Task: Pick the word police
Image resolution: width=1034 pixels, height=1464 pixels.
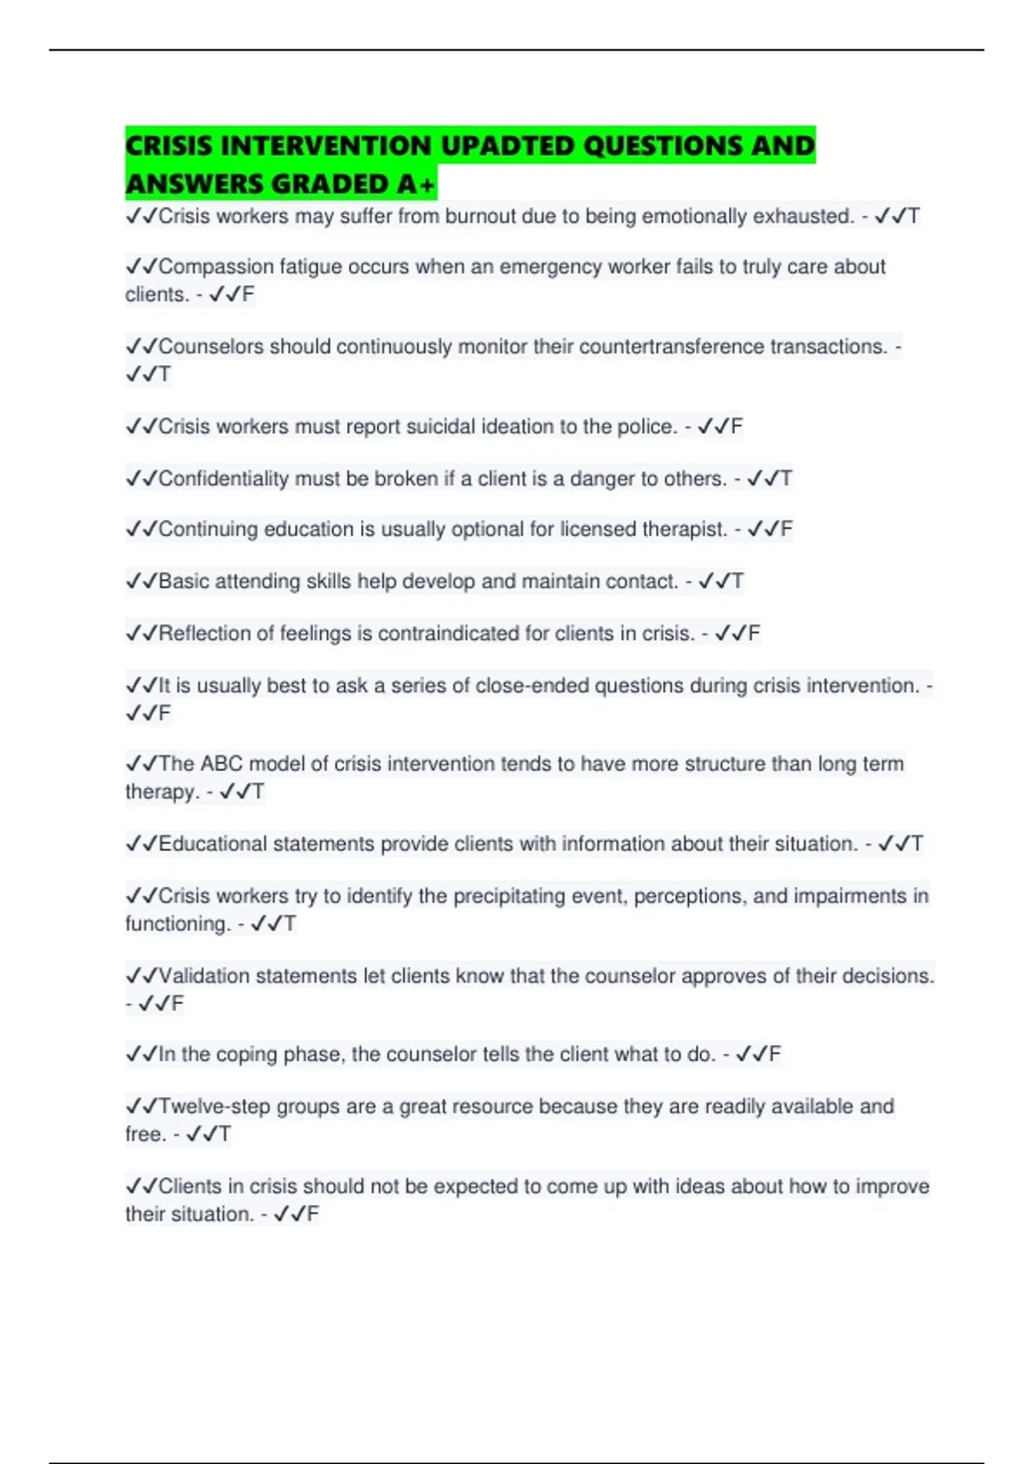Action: click(x=645, y=426)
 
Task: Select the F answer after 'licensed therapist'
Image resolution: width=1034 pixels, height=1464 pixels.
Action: click(x=786, y=529)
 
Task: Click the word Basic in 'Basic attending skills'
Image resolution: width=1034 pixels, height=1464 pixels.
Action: click(x=184, y=581)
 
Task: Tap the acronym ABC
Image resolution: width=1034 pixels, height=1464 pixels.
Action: click(x=221, y=764)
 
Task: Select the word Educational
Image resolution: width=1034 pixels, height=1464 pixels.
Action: click(x=213, y=844)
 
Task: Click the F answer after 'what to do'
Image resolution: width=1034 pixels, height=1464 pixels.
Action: click(x=775, y=1054)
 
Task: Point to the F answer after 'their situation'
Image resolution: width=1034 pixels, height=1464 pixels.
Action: click(x=312, y=1214)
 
